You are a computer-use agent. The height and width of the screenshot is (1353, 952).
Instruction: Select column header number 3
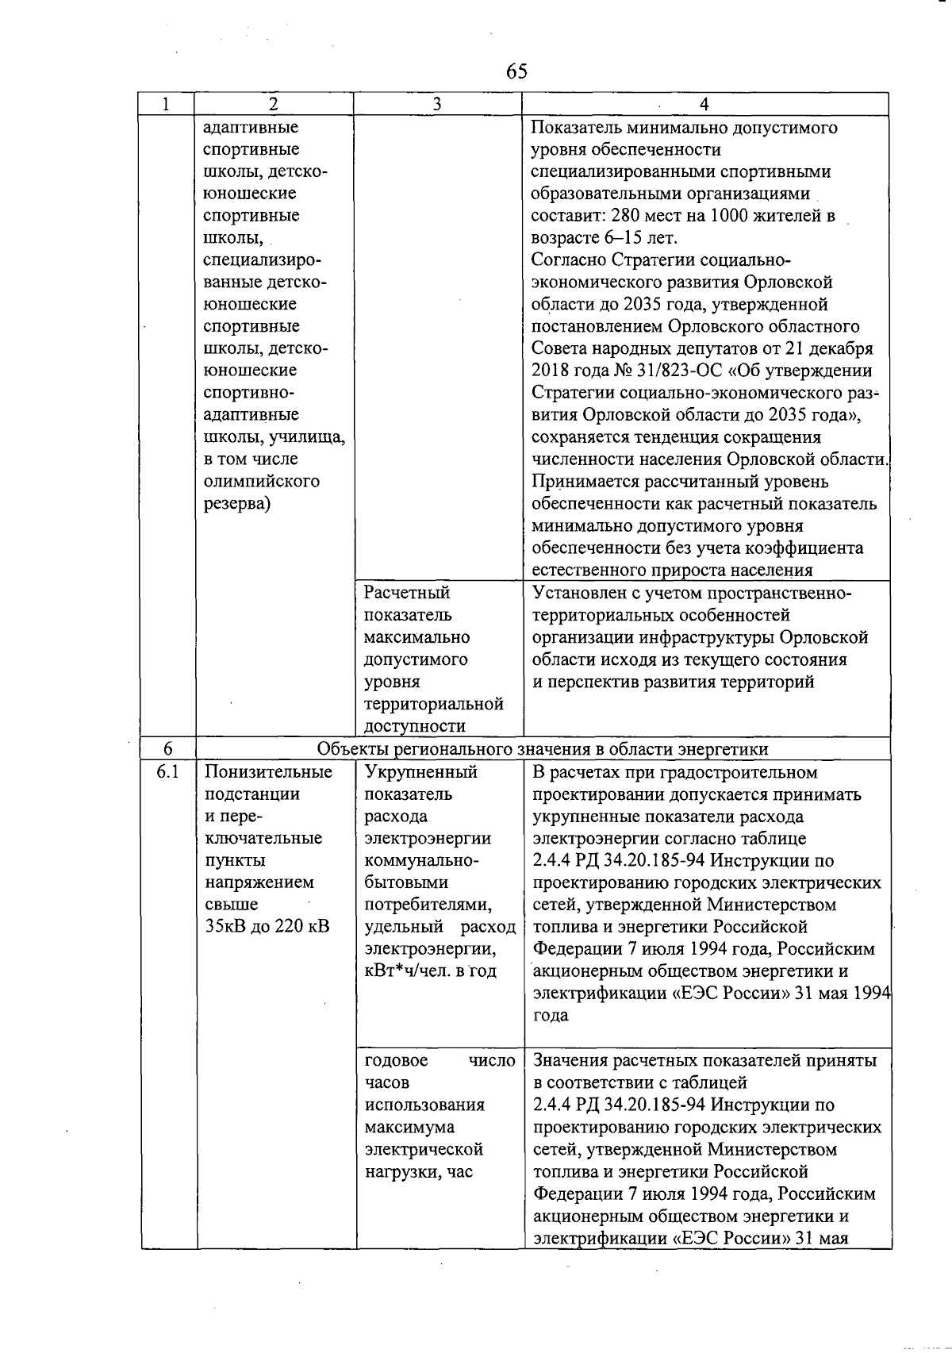click(437, 104)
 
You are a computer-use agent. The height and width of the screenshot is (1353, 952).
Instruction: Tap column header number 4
click(704, 104)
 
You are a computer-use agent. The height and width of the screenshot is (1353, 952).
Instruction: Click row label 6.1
click(168, 771)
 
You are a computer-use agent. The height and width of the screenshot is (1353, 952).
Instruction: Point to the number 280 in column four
click(634, 216)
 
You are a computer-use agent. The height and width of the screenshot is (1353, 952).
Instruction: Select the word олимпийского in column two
click(261, 481)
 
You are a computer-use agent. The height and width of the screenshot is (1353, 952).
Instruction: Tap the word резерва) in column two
click(237, 503)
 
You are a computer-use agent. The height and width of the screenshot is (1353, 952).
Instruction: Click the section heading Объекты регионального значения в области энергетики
click(543, 749)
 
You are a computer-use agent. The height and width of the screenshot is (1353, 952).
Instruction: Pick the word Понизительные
click(268, 771)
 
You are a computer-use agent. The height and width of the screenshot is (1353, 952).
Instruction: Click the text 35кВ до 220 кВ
click(267, 926)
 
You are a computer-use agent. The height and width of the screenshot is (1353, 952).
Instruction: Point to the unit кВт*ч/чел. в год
click(430, 971)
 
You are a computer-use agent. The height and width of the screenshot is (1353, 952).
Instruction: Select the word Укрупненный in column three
click(420, 771)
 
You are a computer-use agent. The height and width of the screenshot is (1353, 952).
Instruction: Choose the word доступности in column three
click(414, 726)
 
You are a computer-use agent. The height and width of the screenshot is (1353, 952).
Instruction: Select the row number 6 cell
click(168, 749)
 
